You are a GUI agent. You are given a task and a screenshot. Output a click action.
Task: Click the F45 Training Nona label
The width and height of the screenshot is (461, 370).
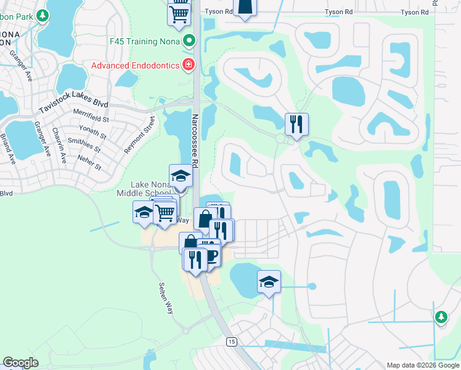(x=145, y=42)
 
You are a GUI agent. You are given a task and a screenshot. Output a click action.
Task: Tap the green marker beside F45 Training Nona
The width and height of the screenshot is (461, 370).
(x=190, y=42)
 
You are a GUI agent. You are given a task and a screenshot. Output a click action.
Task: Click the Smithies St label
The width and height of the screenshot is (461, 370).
(x=84, y=144)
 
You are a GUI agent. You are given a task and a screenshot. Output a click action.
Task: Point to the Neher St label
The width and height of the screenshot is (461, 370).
(x=89, y=162)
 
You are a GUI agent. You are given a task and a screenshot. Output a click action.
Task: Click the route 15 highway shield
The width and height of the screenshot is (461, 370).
(x=231, y=342)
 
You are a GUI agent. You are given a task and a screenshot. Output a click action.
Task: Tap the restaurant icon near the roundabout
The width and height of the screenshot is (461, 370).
(x=296, y=125)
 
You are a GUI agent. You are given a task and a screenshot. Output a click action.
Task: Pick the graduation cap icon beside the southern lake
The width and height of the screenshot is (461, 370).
(x=269, y=282)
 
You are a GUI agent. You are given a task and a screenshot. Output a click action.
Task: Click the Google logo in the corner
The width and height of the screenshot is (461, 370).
(x=20, y=363)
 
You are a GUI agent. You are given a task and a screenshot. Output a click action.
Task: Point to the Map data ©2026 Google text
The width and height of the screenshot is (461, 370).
(x=423, y=365)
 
